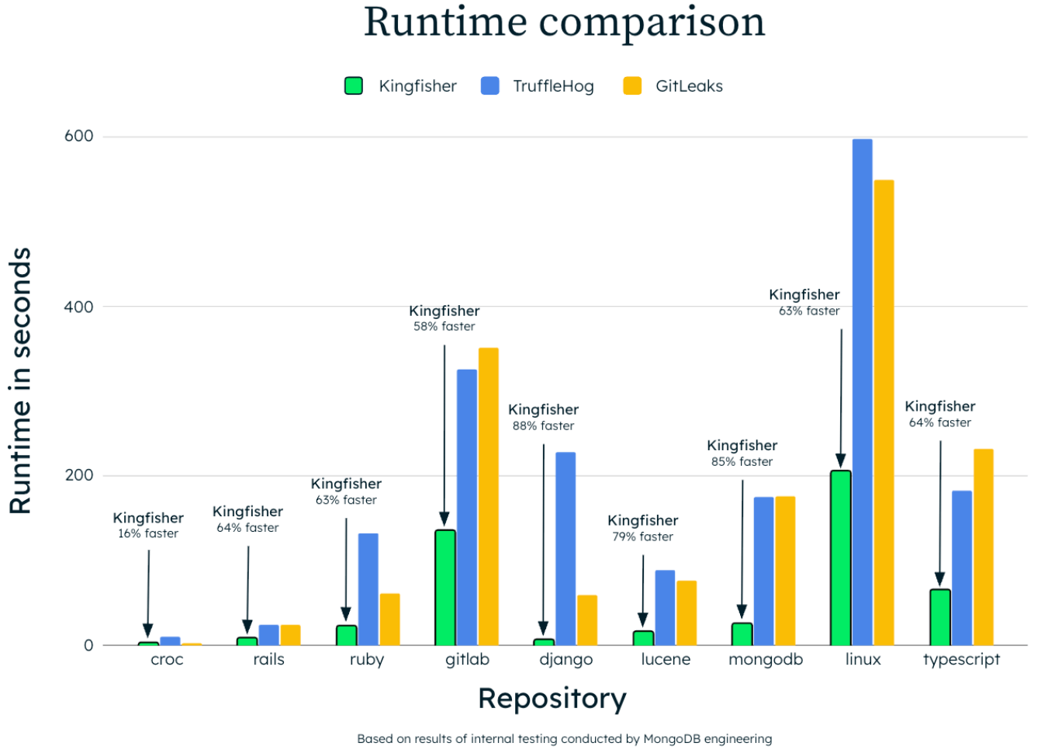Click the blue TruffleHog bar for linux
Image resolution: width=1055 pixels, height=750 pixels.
862,392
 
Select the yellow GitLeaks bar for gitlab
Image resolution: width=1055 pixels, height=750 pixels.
488,497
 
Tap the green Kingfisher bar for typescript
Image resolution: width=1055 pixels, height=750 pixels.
939,617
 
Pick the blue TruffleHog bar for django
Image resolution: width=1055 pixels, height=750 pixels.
566,548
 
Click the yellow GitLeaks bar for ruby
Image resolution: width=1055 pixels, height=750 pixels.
389,620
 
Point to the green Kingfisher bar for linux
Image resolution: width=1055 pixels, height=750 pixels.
840,557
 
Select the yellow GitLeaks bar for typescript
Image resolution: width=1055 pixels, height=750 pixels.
983,547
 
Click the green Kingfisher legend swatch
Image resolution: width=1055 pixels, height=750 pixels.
354,86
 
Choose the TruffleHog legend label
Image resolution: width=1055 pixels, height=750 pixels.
553,86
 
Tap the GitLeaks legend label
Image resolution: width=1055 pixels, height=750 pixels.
689,86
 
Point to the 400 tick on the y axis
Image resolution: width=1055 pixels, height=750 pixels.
78,307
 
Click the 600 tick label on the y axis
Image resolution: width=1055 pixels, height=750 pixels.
78,137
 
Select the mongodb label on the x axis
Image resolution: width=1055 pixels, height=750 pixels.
765,660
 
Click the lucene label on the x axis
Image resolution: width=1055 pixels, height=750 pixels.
665,660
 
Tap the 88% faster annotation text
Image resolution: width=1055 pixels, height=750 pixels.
543,426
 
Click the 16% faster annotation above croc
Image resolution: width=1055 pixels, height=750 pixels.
148,534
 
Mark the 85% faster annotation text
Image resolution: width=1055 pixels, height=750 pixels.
742,462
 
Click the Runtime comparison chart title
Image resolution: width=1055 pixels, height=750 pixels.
564,22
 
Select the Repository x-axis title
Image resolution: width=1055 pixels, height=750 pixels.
552,699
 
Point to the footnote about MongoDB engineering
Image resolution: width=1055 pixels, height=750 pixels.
564,739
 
